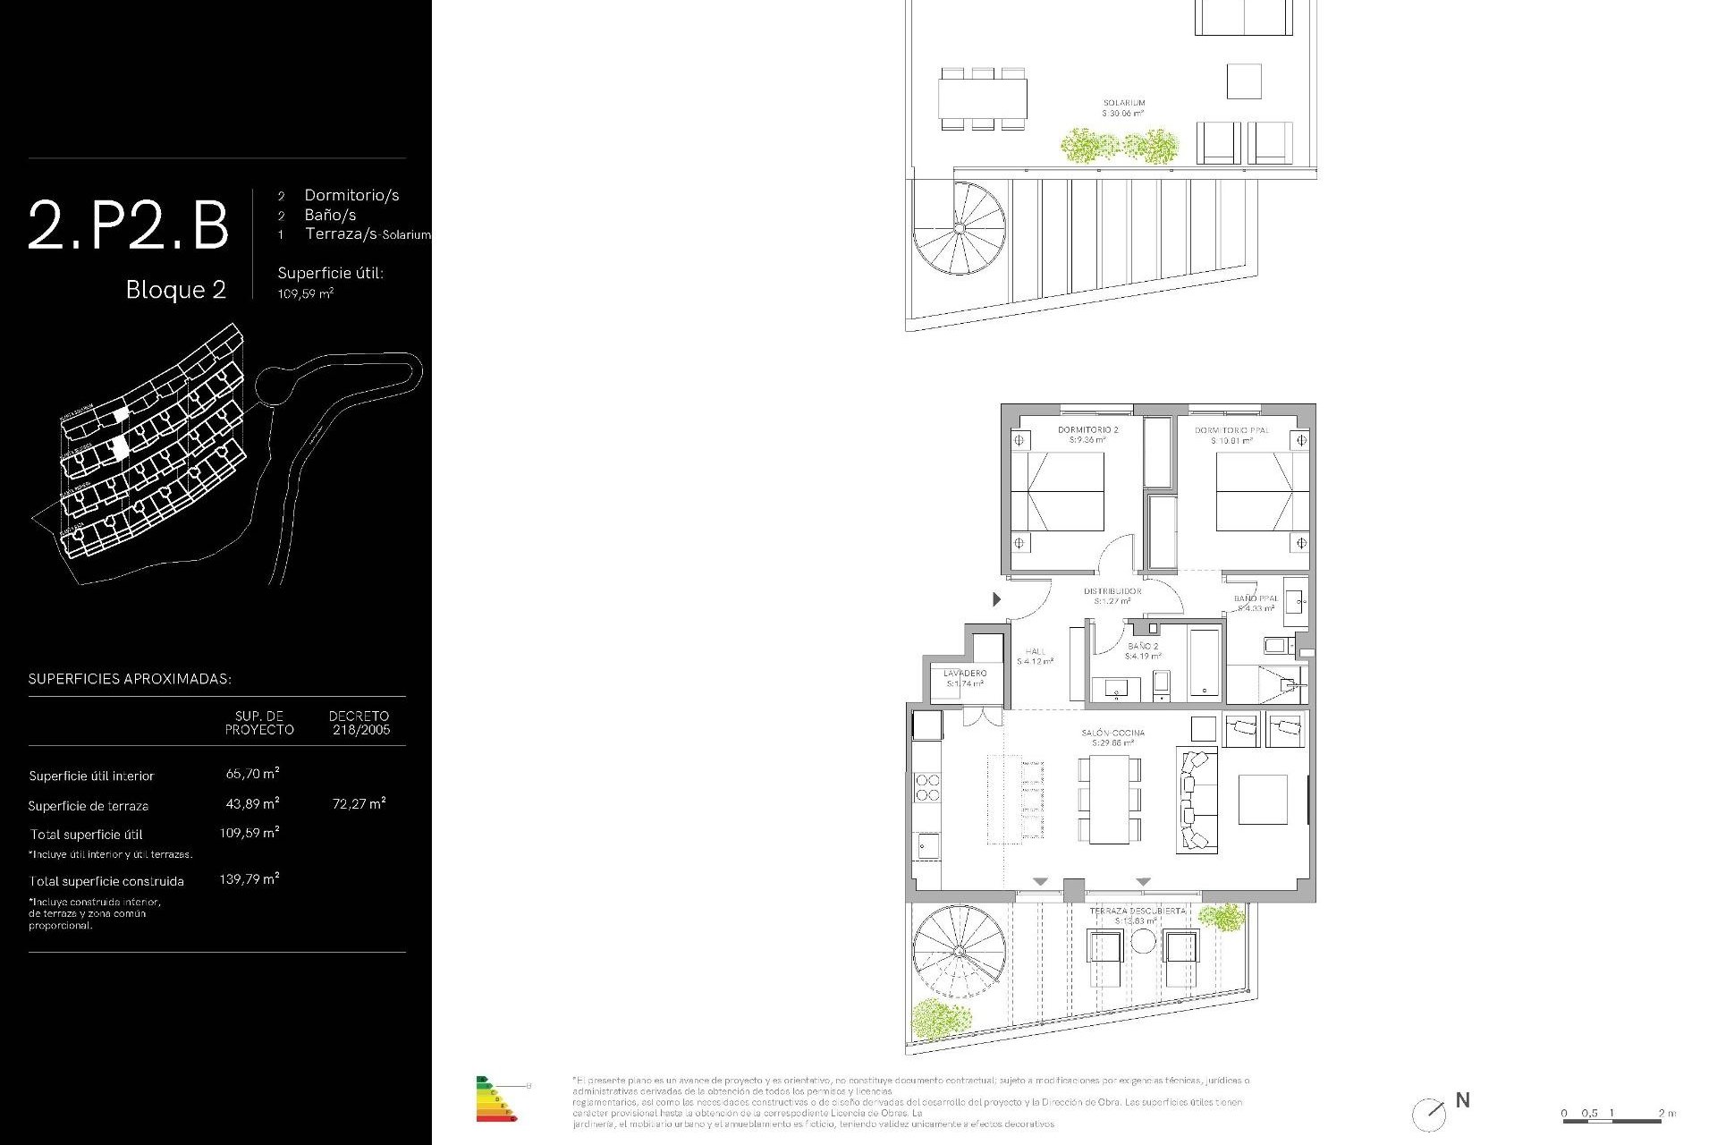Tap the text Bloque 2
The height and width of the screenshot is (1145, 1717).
pyautogui.click(x=175, y=290)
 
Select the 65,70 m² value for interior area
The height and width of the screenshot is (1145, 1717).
pyautogui.click(x=252, y=774)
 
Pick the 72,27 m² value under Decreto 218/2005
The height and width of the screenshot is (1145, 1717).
pyautogui.click(x=359, y=803)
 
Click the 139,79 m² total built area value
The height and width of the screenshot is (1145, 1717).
pyautogui.click(x=250, y=879)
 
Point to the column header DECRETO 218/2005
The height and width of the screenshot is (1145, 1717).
pyautogui.click(x=359, y=723)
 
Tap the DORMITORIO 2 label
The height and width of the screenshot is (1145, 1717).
pyautogui.click(x=1087, y=430)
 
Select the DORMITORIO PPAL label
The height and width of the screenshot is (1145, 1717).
pyautogui.click(x=1231, y=430)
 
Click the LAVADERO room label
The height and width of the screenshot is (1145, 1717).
pyautogui.click(x=965, y=674)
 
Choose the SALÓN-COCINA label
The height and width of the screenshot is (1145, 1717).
pyautogui.click(x=1112, y=734)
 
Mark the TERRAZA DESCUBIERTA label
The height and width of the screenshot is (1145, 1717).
pyautogui.click(x=1137, y=912)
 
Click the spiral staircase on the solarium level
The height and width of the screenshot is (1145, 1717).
pyautogui.click(x=959, y=229)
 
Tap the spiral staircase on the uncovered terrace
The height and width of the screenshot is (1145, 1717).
pyautogui.click(x=959, y=951)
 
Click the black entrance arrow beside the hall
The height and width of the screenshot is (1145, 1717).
pyautogui.click(x=996, y=599)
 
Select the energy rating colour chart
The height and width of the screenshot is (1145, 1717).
pyautogui.click(x=496, y=1099)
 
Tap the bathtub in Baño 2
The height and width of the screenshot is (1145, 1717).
pyautogui.click(x=1204, y=663)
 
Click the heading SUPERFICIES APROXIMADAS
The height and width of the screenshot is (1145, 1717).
pyautogui.click(x=130, y=679)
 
